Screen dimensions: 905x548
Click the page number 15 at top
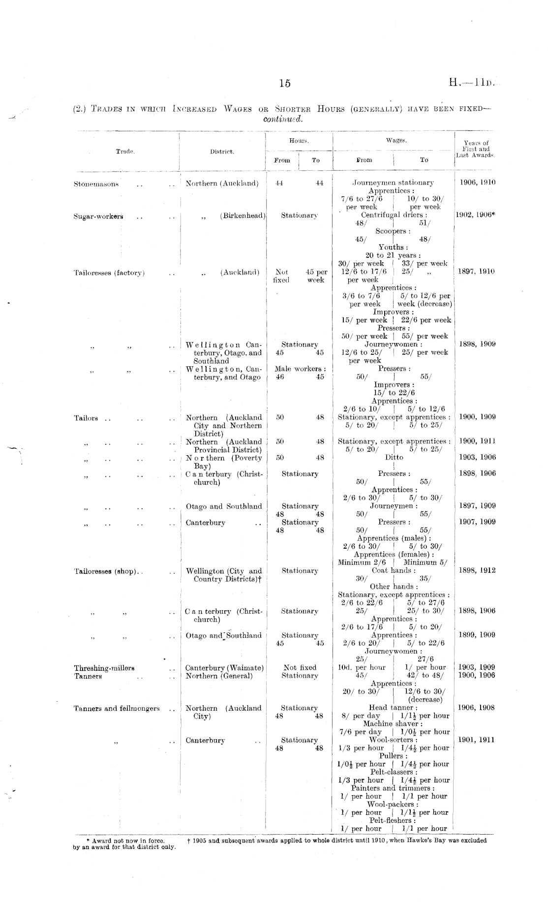285,84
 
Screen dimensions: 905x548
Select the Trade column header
125,152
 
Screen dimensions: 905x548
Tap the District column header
222,152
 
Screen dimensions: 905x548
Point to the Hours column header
299,141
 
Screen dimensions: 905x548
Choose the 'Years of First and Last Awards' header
476,149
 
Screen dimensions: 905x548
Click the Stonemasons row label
96,184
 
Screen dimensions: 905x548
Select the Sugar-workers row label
98,217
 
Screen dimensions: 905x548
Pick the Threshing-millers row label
104,668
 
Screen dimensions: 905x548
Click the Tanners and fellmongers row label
117,709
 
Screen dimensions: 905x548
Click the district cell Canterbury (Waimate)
224,668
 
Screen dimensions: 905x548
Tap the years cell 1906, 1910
477,183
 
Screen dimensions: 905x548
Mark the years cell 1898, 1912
477,571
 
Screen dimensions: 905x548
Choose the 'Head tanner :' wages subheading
394,708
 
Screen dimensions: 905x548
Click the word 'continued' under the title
284,120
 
